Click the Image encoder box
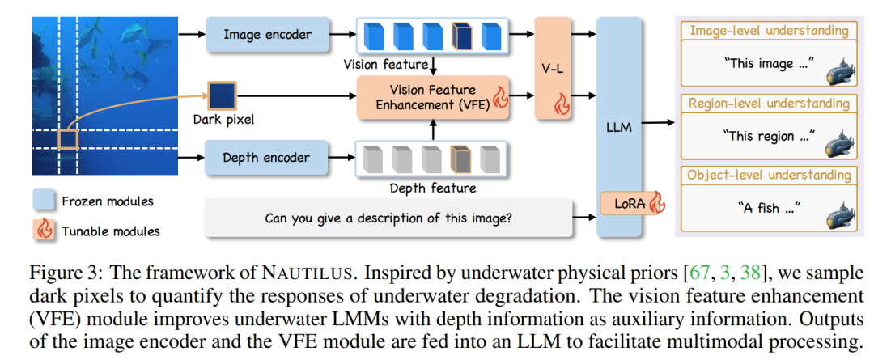pyautogui.click(x=267, y=35)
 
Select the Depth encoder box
pyautogui.click(x=267, y=157)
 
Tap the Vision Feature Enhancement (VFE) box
pyautogui.click(x=433, y=97)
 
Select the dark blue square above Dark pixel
pyautogui.click(x=222, y=95)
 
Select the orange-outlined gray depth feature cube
pyautogui.click(x=460, y=159)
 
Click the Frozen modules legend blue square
pyautogui.click(x=45, y=201)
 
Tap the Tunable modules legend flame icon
pyautogui.click(x=45, y=229)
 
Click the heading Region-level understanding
pyautogui.click(x=768, y=104)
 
